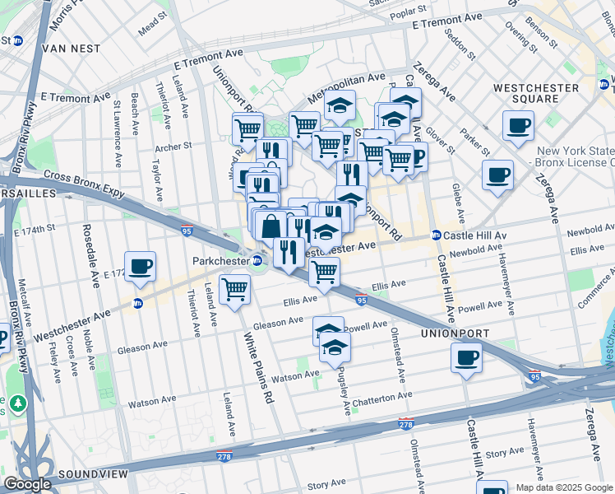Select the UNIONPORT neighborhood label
[x=455, y=333]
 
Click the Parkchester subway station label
[x=220, y=261]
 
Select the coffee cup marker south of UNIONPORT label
[x=466, y=357]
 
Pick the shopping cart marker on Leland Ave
[x=235, y=289]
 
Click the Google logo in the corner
[x=26, y=484]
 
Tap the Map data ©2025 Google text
[x=563, y=487]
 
